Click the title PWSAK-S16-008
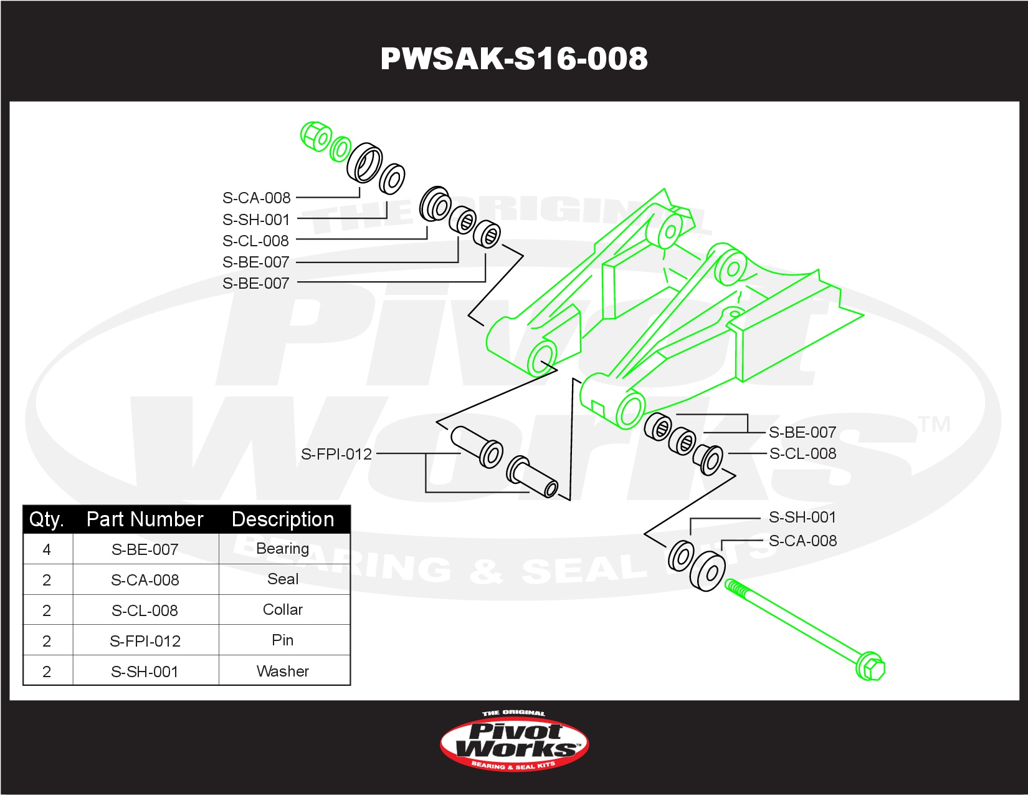coord(514,59)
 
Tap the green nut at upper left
coord(315,136)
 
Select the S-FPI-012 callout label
coord(336,455)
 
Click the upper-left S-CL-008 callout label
coord(256,241)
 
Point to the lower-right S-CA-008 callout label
coord(802,541)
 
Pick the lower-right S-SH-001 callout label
coord(802,517)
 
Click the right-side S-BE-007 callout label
coord(802,432)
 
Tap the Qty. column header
coord(47,519)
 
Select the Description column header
coord(283,519)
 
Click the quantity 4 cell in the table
coord(47,549)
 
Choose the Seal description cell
coord(283,579)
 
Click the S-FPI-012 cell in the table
coord(145,640)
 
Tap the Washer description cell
coord(283,671)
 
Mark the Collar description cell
coord(283,610)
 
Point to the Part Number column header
coord(145,519)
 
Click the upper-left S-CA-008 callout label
coord(256,198)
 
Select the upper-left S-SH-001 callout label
coord(256,219)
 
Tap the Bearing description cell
coord(283,549)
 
